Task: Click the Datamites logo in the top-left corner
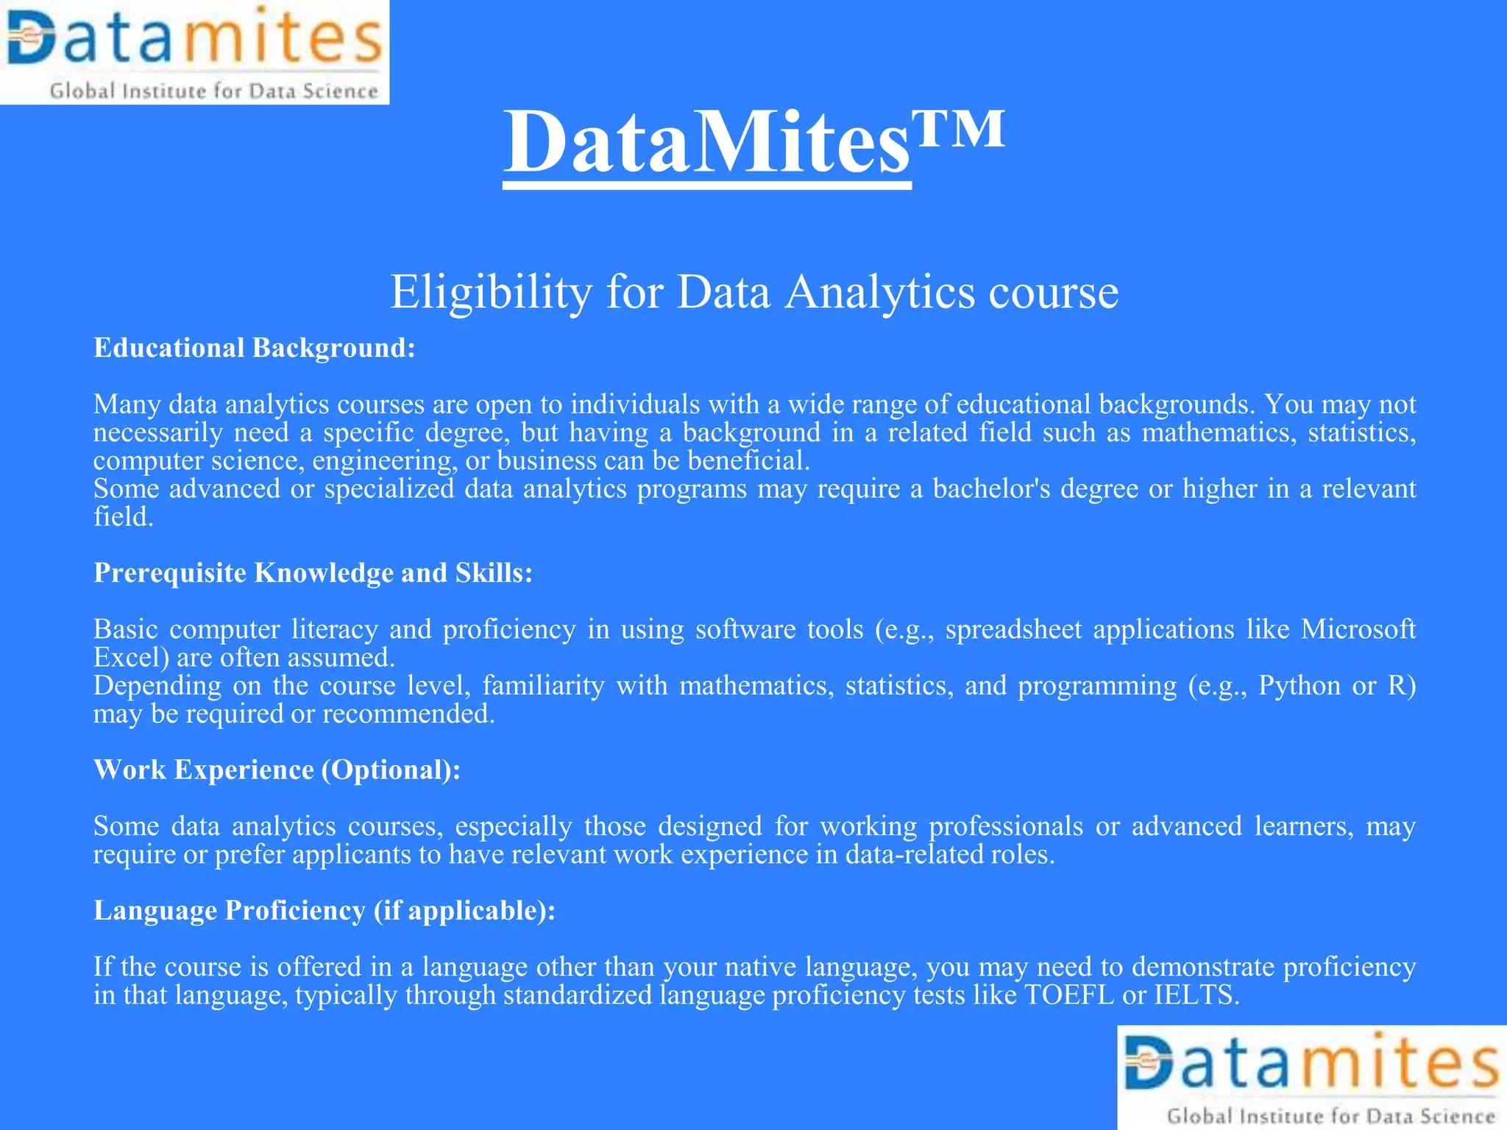(x=194, y=52)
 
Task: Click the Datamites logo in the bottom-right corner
(x=1312, y=1078)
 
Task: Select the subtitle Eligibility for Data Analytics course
(x=753, y=292)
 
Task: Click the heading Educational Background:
(x=255, y=348)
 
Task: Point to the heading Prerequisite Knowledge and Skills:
(x=313, y=573)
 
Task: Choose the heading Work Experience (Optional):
(x=277, y=770)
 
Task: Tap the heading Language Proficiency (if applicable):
(x=324, y=911)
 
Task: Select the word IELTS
(x=1196, y=995)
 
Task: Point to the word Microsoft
(x=1358, y=630)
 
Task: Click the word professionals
(x=1005, y=827)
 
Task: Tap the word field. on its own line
(x=123, y=517)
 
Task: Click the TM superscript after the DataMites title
(x=958, y=129)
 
